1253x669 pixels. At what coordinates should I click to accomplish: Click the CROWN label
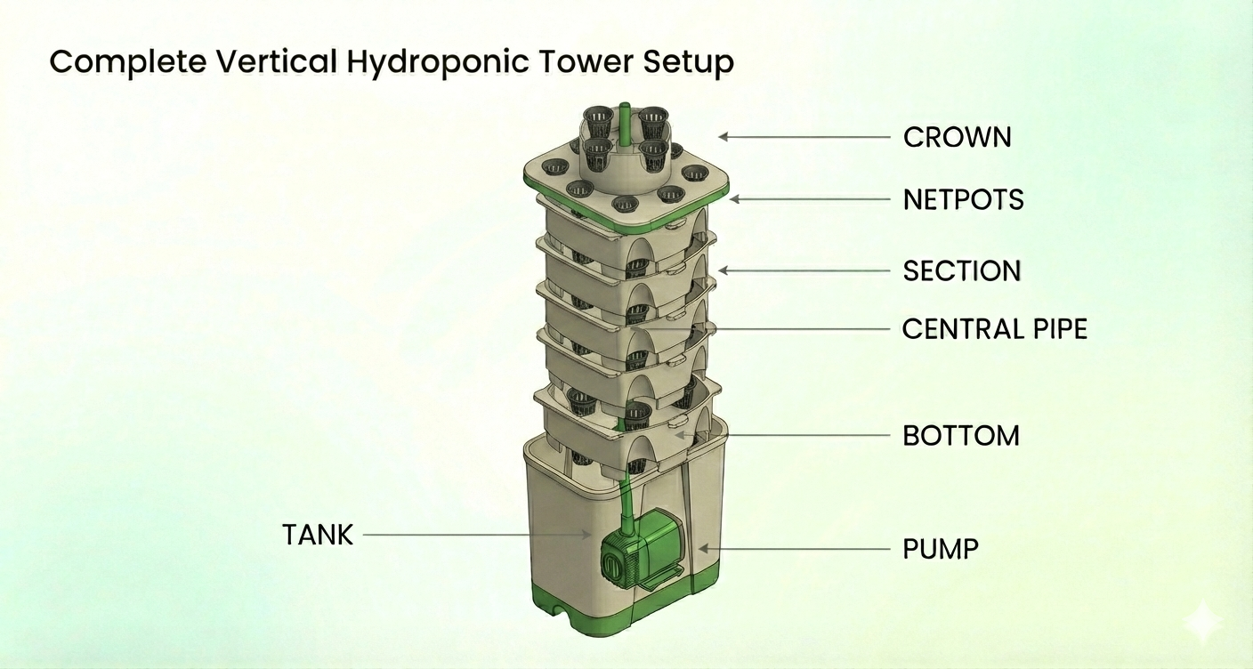pos(957,137)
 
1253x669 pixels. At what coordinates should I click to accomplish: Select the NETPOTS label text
pos(963,199)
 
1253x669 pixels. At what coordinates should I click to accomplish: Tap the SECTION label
pos(961,270)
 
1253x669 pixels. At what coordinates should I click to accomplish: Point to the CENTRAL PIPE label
pos(994,329)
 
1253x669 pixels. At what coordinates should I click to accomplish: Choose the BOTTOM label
pos(960,436)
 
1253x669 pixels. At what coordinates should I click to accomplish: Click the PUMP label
pos(941,548)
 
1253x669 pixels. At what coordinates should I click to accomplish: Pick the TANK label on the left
pos(318,535)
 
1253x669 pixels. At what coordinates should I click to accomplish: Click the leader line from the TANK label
pos(472,535)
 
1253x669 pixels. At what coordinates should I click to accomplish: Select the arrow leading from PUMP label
pos(792,549)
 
